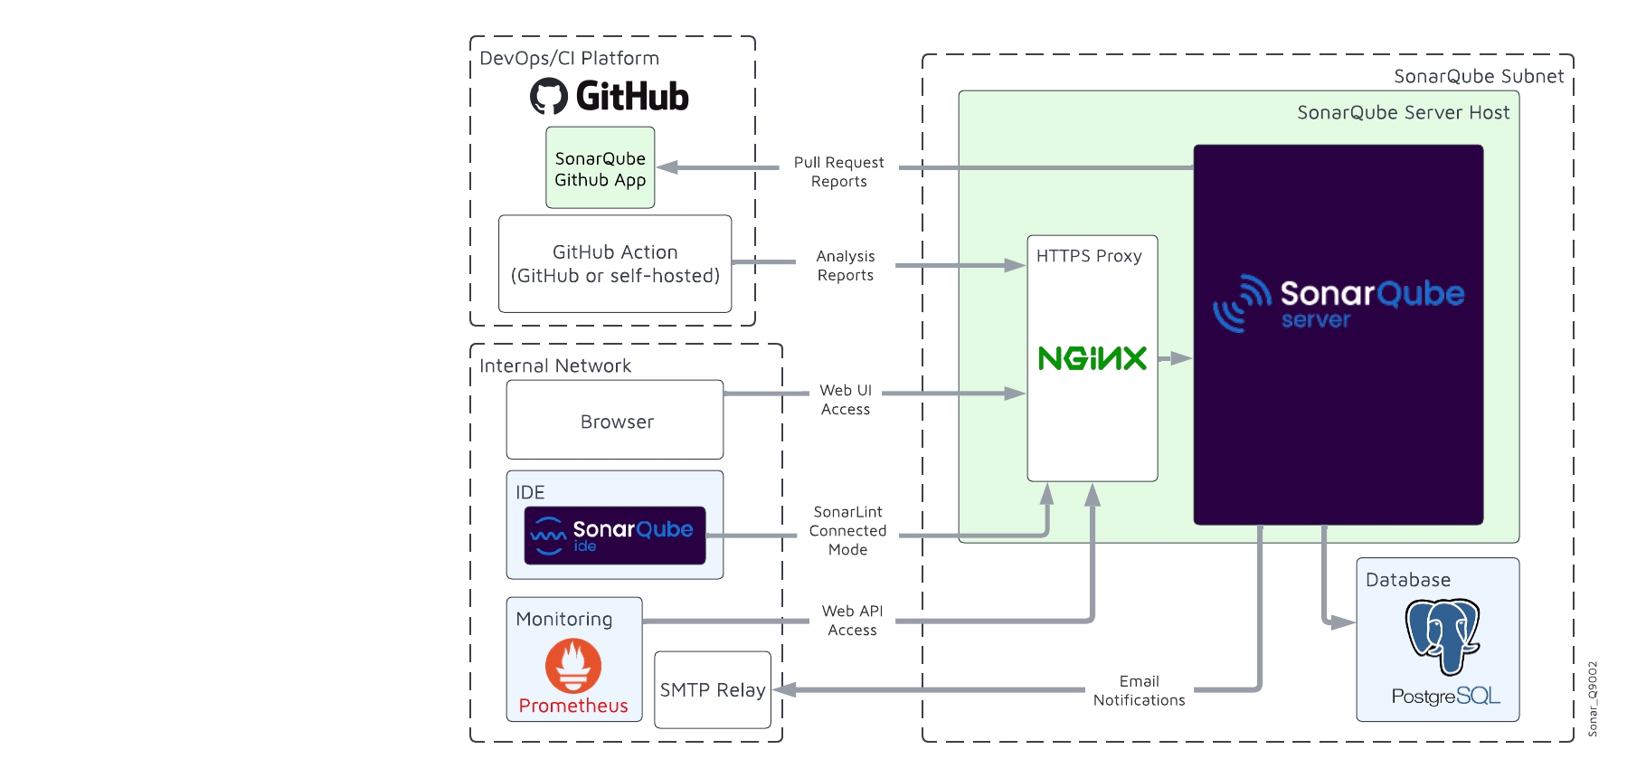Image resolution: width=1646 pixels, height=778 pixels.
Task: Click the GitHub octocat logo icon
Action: (549, 96)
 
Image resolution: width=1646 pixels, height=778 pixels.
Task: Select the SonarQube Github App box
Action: (601, 168)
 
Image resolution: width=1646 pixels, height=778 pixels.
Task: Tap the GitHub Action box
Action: (615, 263)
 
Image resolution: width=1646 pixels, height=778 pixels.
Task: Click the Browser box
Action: (615, 421)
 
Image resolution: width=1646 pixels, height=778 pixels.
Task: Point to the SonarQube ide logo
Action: (615, 536)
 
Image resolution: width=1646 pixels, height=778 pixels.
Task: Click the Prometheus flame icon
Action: (573, 666)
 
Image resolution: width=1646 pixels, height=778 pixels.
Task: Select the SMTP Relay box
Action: (713, 689)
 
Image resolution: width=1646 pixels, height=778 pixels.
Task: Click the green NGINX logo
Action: (1093, 358)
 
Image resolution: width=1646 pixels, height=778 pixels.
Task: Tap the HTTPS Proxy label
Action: (1089, 256)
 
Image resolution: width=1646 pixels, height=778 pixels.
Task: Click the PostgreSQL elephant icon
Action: (1443, 636)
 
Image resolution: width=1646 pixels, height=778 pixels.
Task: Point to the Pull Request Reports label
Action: (839, 172)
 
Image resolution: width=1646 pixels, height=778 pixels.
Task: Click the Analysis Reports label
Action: (846, 266)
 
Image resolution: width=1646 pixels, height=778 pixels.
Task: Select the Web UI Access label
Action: (846, 400)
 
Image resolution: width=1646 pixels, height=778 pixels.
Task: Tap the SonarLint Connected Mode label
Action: (848, 531)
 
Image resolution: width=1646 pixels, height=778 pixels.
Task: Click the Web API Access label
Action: (852, 621)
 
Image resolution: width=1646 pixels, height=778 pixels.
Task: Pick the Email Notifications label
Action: (1139, 690)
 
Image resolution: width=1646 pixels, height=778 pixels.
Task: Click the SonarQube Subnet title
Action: (1479, 76)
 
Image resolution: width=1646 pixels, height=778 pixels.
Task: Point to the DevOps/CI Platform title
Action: (569, 58)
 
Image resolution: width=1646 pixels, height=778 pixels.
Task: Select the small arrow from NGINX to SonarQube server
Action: (1175, 358)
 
